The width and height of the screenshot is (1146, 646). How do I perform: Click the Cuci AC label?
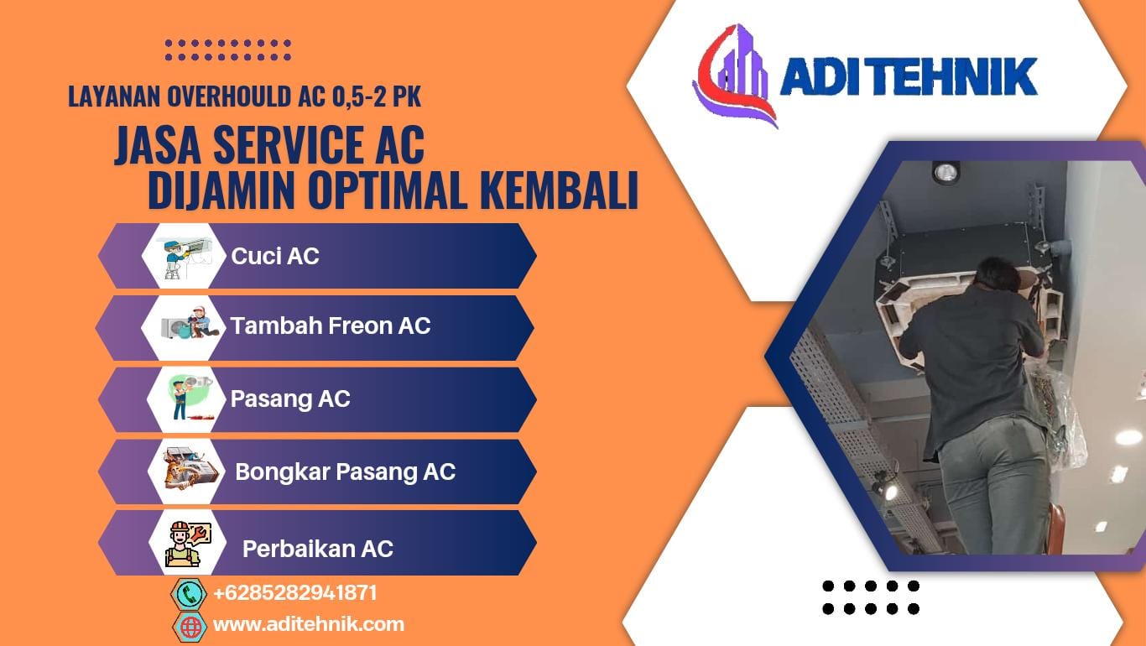(274, 256)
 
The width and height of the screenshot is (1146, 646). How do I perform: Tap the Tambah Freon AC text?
(331, 326)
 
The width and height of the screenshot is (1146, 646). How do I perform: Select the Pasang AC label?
(290, 399)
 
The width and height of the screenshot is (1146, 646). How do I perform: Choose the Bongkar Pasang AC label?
(346, 471)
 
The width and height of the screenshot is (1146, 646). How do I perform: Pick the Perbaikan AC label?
(318, 549)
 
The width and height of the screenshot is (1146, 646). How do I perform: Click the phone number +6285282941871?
(295, 593)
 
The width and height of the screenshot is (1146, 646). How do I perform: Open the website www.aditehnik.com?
(309, 624)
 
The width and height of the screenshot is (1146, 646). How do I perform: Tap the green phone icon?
(189, 594)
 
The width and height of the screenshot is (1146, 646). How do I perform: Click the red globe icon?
(190, 627)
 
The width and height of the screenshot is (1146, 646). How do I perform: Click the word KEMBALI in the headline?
(559, 190)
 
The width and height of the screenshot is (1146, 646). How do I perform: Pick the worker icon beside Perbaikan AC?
(188, 544)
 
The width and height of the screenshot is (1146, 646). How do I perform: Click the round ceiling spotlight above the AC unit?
(945, 173)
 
